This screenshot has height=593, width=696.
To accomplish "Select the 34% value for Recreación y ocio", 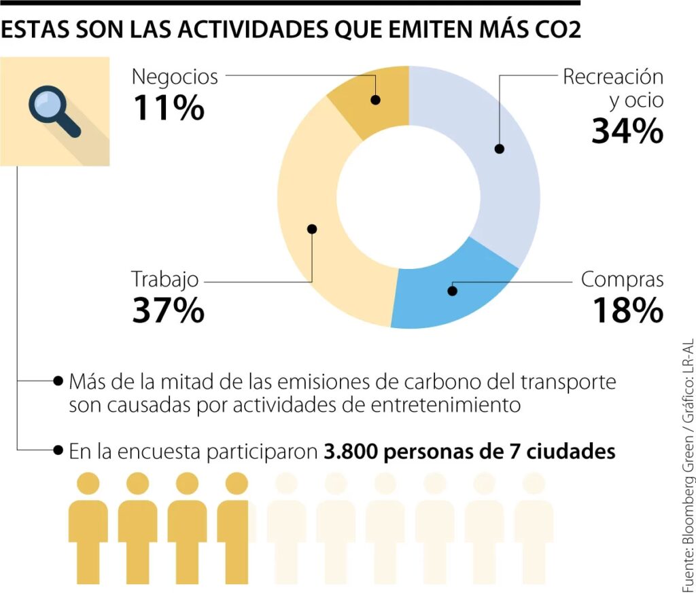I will tap(627, 131).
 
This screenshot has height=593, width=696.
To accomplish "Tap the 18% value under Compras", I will tap(627, 310).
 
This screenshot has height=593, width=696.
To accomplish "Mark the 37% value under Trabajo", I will tap(168, 310).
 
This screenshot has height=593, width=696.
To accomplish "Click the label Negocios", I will tap(175, 77).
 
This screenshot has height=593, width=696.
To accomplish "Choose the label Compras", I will tap(622, 280).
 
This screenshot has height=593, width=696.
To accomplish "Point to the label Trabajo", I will tap(165, 279).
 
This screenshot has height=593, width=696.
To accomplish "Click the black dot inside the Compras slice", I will tap(453, 291).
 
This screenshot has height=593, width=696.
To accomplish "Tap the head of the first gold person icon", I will tap(88, 484).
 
